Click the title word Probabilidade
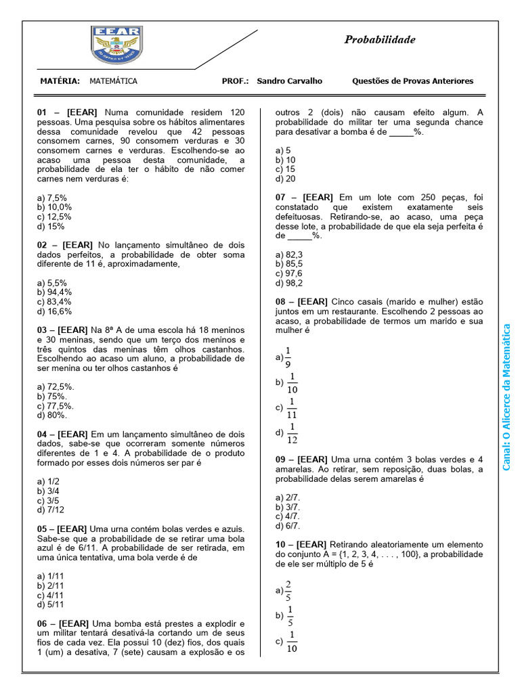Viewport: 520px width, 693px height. click(380, 40)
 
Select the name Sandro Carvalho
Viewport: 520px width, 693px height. click(290, 81)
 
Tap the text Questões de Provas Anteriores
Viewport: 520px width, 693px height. click(412, 81)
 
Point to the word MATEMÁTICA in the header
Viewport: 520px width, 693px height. click(113, 81)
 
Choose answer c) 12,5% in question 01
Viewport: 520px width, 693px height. click(54, 217)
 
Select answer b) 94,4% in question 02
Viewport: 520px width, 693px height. click(54, 292)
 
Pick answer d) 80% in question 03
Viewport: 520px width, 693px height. click(51, 415)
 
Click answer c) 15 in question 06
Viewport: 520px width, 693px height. click(284, 169)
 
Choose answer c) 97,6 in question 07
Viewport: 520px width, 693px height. click(288, 273)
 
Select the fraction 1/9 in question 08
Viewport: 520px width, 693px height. click(287, 356)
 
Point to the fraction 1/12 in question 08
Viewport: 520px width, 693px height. click(292, 432)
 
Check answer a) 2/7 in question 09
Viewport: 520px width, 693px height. click(287, 497)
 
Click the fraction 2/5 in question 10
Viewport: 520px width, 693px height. click(288, 590)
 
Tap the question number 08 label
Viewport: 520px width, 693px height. click(284, 301)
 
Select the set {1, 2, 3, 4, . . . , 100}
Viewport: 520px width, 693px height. click(381, 554)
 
